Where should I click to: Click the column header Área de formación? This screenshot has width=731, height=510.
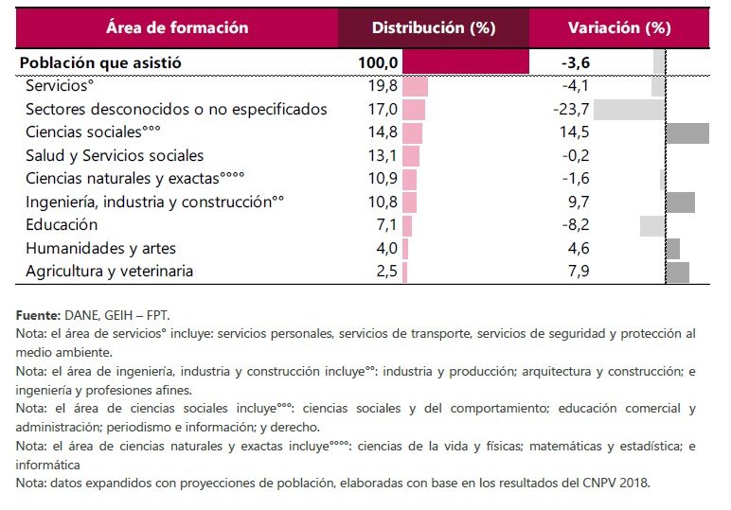177,27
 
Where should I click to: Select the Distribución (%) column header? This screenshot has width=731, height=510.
433,27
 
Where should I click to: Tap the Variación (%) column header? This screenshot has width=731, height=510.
618,27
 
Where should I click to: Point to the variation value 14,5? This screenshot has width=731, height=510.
575,132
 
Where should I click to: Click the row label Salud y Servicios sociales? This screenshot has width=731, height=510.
115,155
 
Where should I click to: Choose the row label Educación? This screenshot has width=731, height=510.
62,225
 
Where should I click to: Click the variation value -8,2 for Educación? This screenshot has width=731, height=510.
575,225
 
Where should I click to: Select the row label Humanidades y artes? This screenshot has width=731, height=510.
100,248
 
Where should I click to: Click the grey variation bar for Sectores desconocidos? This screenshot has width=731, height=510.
629,109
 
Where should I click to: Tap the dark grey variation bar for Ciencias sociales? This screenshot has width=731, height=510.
687,132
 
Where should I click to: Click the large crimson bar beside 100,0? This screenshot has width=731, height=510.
466,63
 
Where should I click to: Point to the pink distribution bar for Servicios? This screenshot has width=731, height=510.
415,86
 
